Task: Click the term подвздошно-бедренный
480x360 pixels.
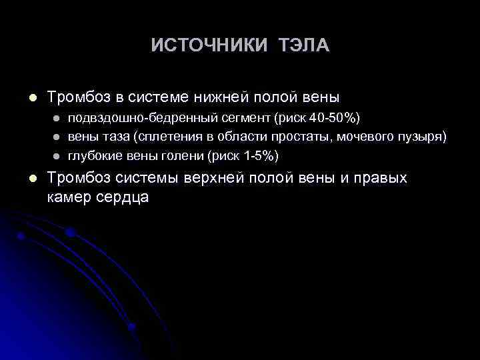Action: click(x=126, y=119)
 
